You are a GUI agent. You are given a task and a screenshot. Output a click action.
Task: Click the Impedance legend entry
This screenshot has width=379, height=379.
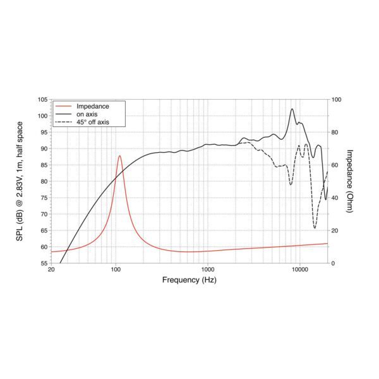[x=93, y=106]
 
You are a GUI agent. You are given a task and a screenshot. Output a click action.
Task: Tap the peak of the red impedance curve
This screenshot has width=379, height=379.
[x=119, y=155]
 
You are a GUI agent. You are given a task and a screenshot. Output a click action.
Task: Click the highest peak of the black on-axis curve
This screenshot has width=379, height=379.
[x=292, y=109]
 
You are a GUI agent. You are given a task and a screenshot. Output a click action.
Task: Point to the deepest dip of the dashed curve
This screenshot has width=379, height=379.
[x=315, y=228]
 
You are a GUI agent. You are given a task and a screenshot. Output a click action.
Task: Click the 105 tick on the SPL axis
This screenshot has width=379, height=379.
[x=42, y=100]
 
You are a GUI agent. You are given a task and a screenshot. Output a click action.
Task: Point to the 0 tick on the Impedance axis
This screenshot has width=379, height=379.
[x=334, y=263]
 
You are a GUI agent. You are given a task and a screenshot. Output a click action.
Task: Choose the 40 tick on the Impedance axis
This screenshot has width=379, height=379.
[x=335, y=198]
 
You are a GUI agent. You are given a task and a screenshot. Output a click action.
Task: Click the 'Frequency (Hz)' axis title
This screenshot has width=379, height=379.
[x=189, y=280]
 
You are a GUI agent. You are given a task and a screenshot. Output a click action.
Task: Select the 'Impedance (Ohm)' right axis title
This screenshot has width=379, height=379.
[x=350, y=181]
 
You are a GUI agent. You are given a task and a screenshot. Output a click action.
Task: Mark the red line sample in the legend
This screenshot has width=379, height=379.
[x=64, y=106]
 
